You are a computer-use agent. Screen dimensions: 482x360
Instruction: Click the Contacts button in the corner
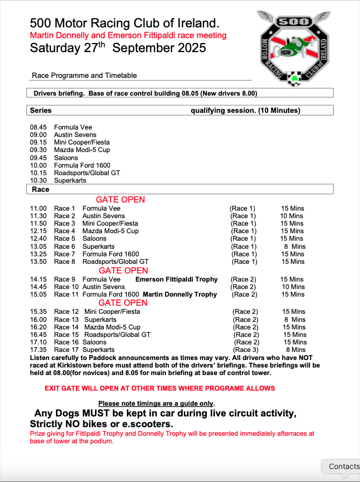[x=343, y=466]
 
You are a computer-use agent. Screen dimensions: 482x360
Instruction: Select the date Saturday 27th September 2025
[x=118, y=48]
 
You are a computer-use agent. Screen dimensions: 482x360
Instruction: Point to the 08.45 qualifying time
[x=38, y=127]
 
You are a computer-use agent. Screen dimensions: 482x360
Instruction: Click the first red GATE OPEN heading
[x=120, y=200]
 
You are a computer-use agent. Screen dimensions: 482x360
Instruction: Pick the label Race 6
[x=65, y=247]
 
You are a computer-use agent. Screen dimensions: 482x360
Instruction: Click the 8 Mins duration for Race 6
[x=294, y=247]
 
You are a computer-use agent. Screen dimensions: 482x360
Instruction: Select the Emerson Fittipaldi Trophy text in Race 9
[x=176, y=279]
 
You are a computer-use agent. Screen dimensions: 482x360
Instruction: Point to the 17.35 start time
[x=38, y=350]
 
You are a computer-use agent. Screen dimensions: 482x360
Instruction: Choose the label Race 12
[x=67, y=312]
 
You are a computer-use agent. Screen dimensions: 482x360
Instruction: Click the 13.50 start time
[x=38, y=262]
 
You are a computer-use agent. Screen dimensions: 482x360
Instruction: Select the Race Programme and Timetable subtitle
[x=84, y=76]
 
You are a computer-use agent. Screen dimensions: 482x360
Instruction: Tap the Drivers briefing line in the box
[x=145, y=93]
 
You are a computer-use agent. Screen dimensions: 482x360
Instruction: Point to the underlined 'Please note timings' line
[x=156, y=404]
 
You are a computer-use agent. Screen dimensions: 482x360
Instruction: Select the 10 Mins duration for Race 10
[x=292, y=287]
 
